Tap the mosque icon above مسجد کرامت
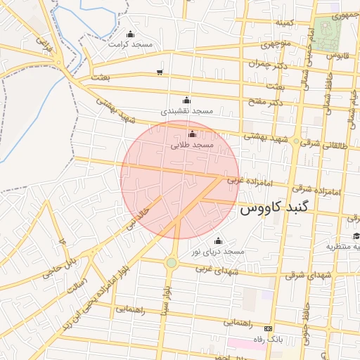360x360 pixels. pos(129,34)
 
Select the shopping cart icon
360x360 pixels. pos(160,72)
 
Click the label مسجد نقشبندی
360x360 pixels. pos(186,111)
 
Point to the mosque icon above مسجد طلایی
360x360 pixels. pos(192,134)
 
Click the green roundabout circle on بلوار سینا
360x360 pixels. pos(172,263)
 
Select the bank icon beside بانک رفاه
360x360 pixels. pos(267,328)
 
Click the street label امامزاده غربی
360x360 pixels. pos(243,181)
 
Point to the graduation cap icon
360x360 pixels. pos(356,236)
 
